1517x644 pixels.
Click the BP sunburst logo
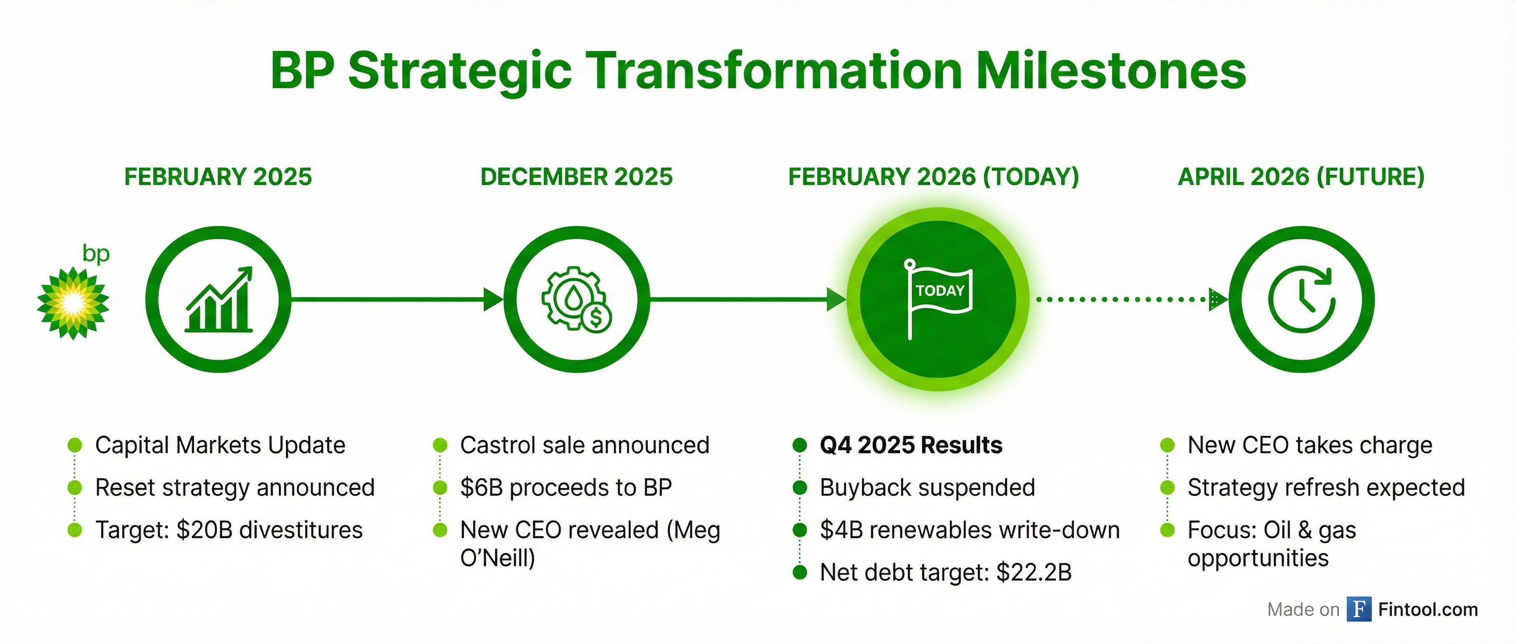coord(73,303)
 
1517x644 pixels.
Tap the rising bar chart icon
coord(219,299)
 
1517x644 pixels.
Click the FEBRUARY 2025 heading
coord(218,177)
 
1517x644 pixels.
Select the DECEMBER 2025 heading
coord(577,177)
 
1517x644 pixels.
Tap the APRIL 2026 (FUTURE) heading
coord(1301,177)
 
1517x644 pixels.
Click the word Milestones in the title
coord(1111,71)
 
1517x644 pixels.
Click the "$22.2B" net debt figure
coord(1034,572)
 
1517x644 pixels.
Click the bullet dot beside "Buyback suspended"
coord(799,487)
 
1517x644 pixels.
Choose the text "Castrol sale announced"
coord(585,445)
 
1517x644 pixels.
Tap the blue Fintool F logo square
coord(1359,609)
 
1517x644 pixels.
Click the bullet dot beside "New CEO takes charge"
coord(1167,445)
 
